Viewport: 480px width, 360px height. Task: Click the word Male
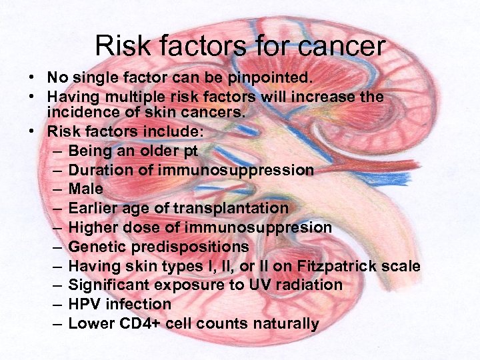tap(85, 189)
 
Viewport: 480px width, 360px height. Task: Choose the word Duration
tap(101, 170)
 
